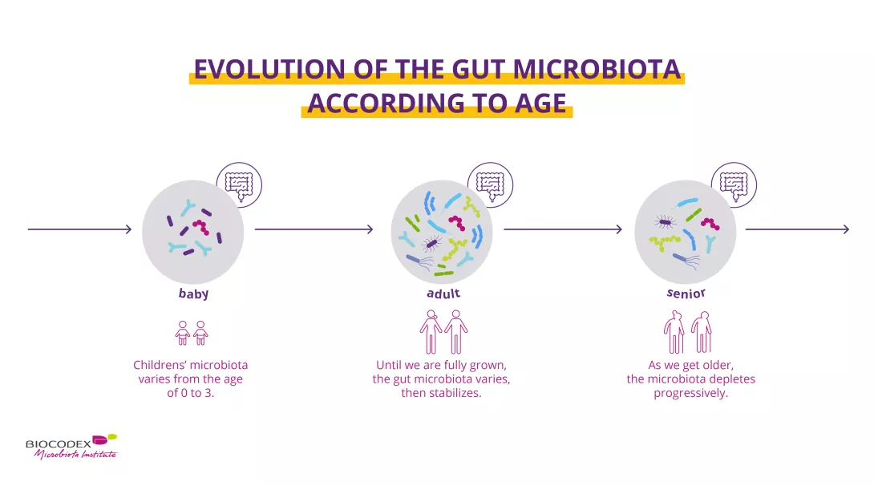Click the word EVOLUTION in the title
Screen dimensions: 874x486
[269, 69]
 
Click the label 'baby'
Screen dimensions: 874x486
[193, 294]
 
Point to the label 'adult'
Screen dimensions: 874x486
[443, 294]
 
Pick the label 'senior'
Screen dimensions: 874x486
[686, 294]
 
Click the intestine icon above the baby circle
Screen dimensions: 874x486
[239, 185]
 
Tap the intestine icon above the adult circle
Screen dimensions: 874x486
[491, 185]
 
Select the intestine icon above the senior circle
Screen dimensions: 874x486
[734, 185]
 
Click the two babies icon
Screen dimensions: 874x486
[191, 333]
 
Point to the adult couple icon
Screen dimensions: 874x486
[443, 331]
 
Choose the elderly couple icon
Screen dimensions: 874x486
[687, 331]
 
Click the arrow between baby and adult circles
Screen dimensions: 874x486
[314, 229]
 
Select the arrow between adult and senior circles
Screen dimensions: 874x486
[563, 229]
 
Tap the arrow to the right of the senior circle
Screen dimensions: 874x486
[798, 229]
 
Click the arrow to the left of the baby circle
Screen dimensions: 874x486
[79, 229]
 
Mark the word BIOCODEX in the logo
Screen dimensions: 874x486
[58, 444]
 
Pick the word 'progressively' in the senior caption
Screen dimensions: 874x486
[690, 393]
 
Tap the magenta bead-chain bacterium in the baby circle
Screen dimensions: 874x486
[200, 226]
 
